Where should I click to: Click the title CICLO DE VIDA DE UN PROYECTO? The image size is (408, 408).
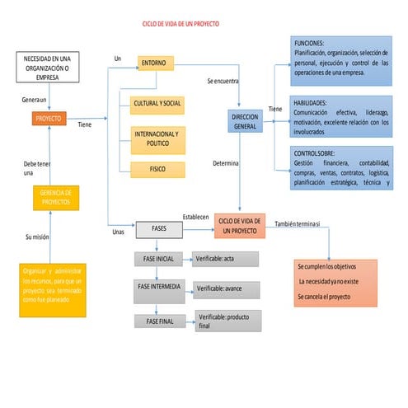coord(181,26)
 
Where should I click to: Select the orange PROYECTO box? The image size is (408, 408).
coord(49,119)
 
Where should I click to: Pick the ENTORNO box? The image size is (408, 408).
coord(152,63)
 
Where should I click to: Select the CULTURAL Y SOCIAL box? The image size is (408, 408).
coord(157,105)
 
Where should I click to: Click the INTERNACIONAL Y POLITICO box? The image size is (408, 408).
coord(157,138)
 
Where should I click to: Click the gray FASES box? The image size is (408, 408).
coord(160,228)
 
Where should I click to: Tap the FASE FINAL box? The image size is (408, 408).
coord(160,321)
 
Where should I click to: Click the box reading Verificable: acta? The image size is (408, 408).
coord(225,259)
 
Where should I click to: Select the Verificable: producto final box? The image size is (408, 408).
coord(227,321)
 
